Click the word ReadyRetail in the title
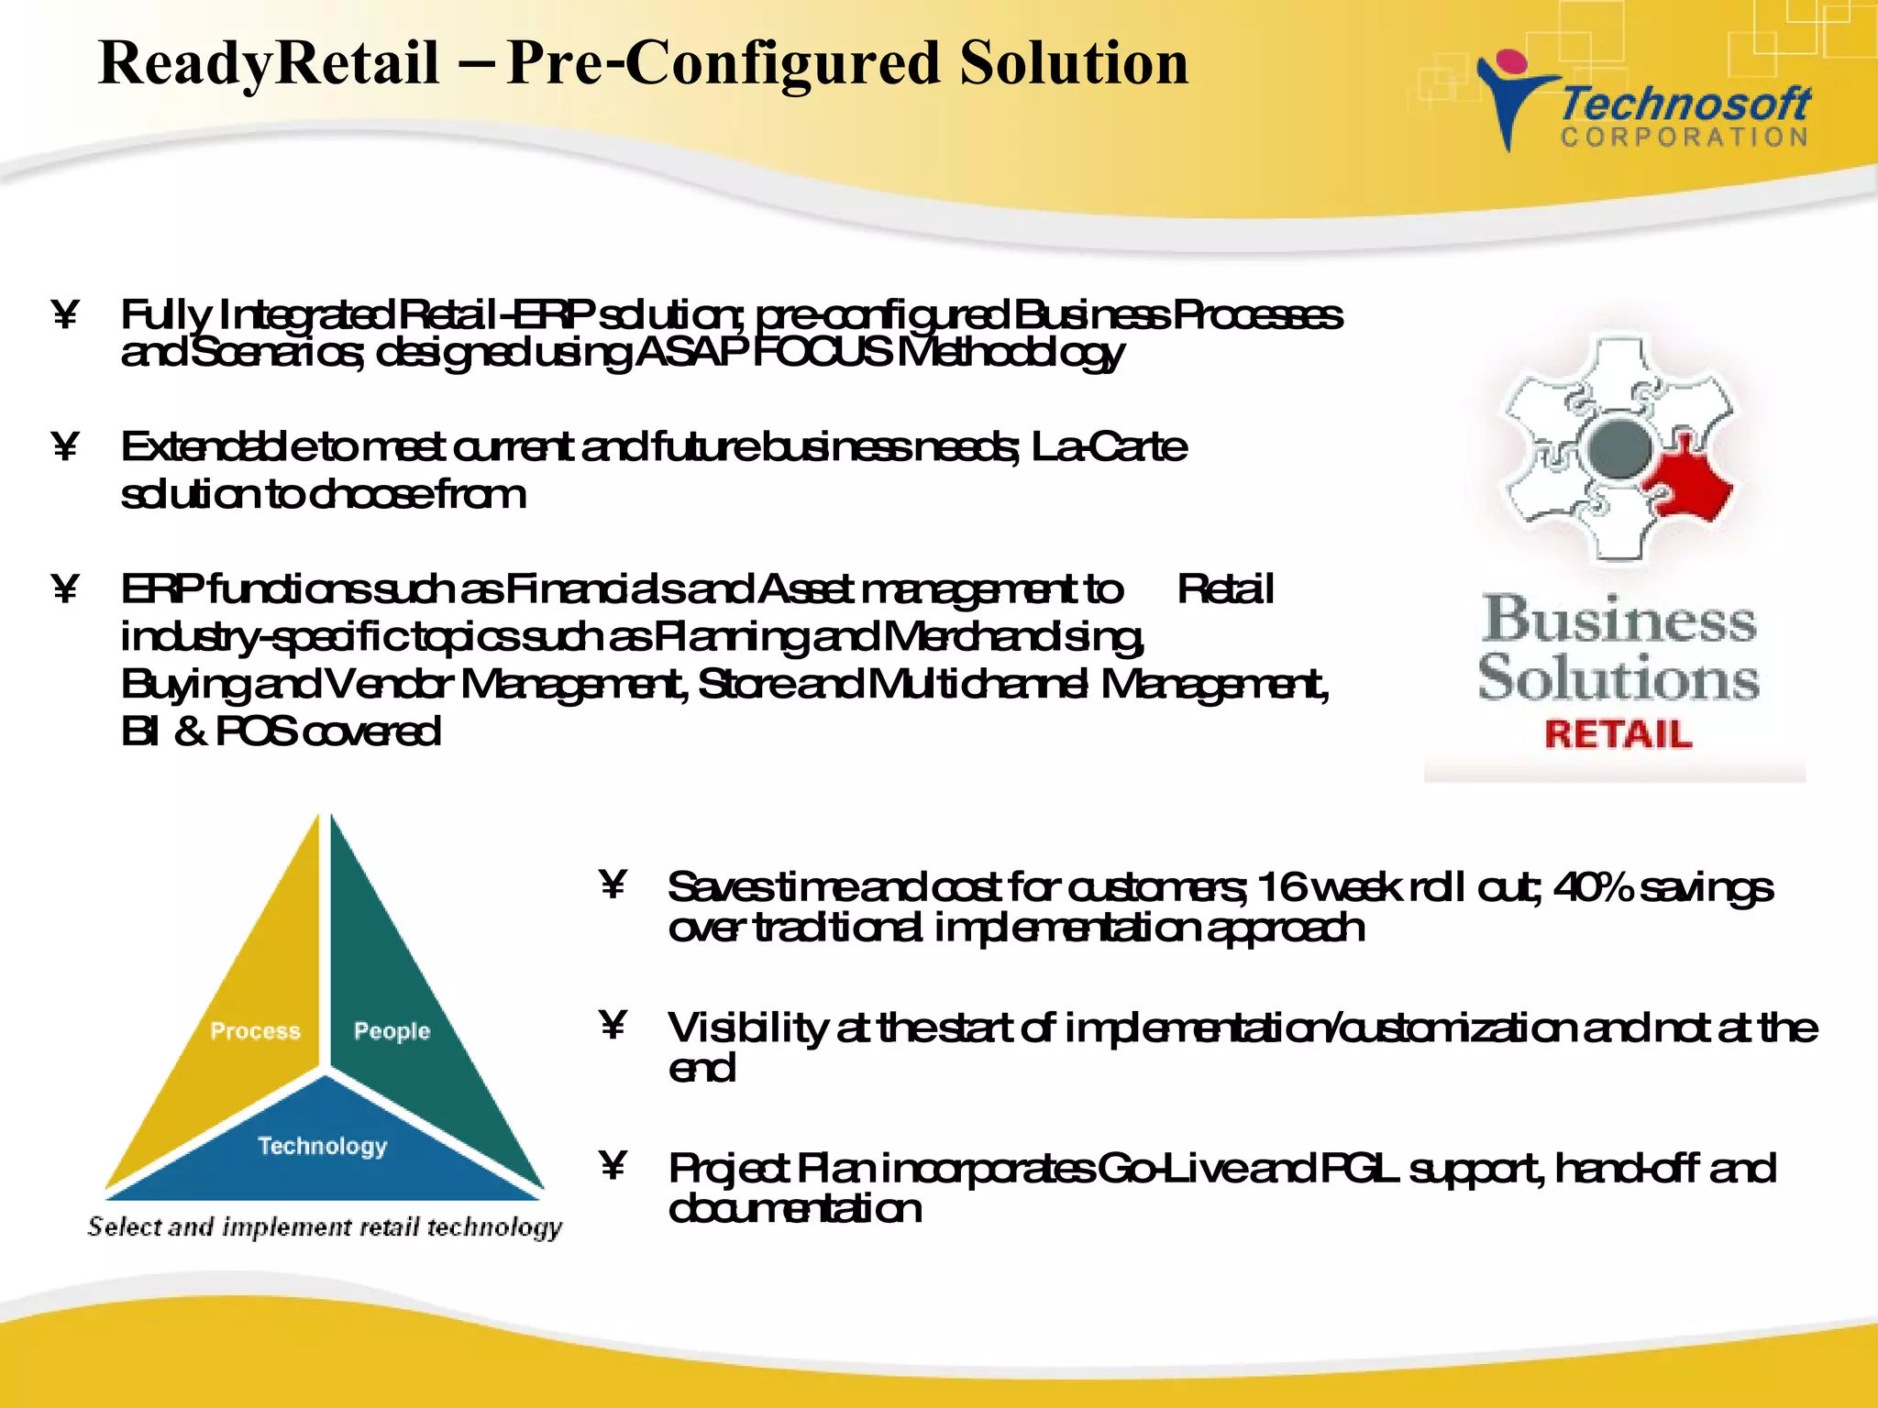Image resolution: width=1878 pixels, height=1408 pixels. (x=268, y=64)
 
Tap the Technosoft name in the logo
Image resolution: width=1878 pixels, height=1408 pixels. (x=1685, y=104)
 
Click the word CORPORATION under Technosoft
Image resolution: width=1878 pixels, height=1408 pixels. (x=1685, y=137)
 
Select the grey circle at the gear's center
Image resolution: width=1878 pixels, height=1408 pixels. (x=1619, y=447)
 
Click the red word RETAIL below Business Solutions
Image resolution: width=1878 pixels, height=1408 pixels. (x=1618, y=734)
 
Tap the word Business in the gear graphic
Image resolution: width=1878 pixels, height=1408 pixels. (x=1619, y=620)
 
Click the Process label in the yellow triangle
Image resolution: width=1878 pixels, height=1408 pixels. (x=255, y=1031)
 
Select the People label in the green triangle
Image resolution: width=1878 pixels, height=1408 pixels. (x=392, y=1031)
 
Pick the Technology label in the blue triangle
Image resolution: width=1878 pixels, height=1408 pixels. (x=322, y=1146)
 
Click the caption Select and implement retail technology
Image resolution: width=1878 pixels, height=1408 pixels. (x=325, y=1227)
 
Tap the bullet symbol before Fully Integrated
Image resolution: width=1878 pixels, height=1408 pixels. (x=64, y=316)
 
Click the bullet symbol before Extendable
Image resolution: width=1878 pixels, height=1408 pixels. (x=64, y=448)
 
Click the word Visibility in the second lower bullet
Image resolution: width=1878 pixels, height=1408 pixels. (x=746, y=1028)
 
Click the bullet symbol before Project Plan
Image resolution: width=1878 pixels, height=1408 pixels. (x=612, y=1166)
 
